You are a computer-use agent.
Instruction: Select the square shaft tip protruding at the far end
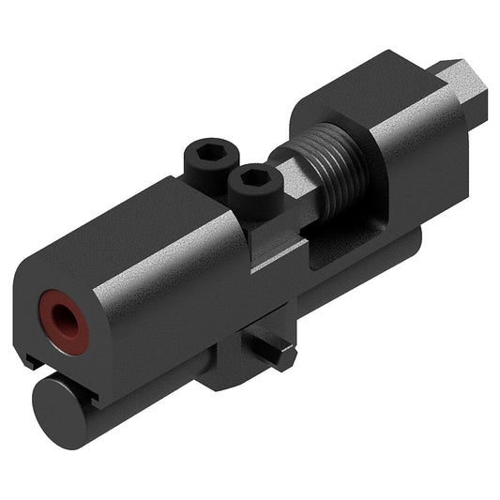[x=464, y=94]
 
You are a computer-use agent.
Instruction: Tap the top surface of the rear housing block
[x=385, y=89]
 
